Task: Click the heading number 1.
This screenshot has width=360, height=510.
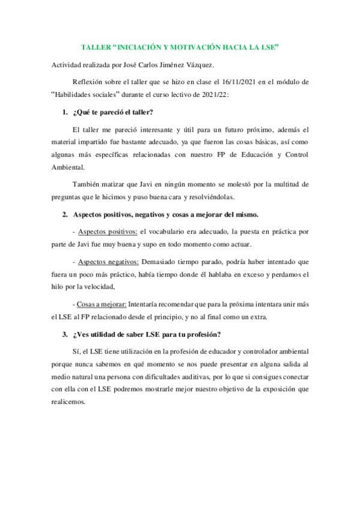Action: pos(65,111)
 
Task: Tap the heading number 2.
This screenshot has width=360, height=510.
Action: pos(65,215)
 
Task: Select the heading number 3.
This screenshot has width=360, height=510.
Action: pos(65,334)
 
